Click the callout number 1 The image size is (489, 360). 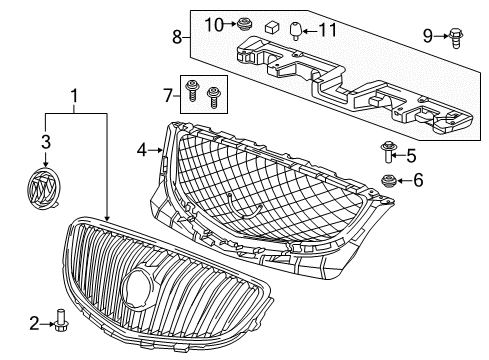click(72, 98)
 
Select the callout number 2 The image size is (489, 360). click(33, 324)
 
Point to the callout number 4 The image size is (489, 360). click(142, 151)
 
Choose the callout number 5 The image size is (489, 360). click(410, 154)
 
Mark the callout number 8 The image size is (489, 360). click(176, 38)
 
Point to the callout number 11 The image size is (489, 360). click(322, 31)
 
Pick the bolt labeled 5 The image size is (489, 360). click(388, 154)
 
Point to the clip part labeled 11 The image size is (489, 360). click(295, 30)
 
